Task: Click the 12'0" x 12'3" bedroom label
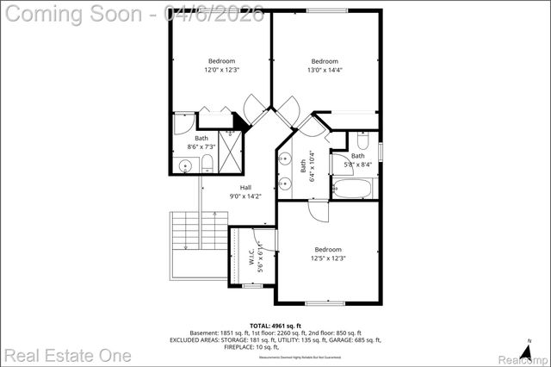pyautogui.click(x=222, y=65)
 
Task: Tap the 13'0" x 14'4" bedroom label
pyautogui.click(x=324, y=65)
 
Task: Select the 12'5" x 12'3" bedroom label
pyautogui.click(x=327, y=253)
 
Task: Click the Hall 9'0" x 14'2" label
pyautogui.click(x=245, y=191)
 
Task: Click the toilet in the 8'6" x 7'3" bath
pyautogui.click(x=207, y=164)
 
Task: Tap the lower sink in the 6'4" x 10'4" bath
pyautogui.click(x=284, y=183)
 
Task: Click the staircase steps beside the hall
pyautogui.click(x=186, y=231)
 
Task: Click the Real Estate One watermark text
pyautogui.click(x=66, y=355)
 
